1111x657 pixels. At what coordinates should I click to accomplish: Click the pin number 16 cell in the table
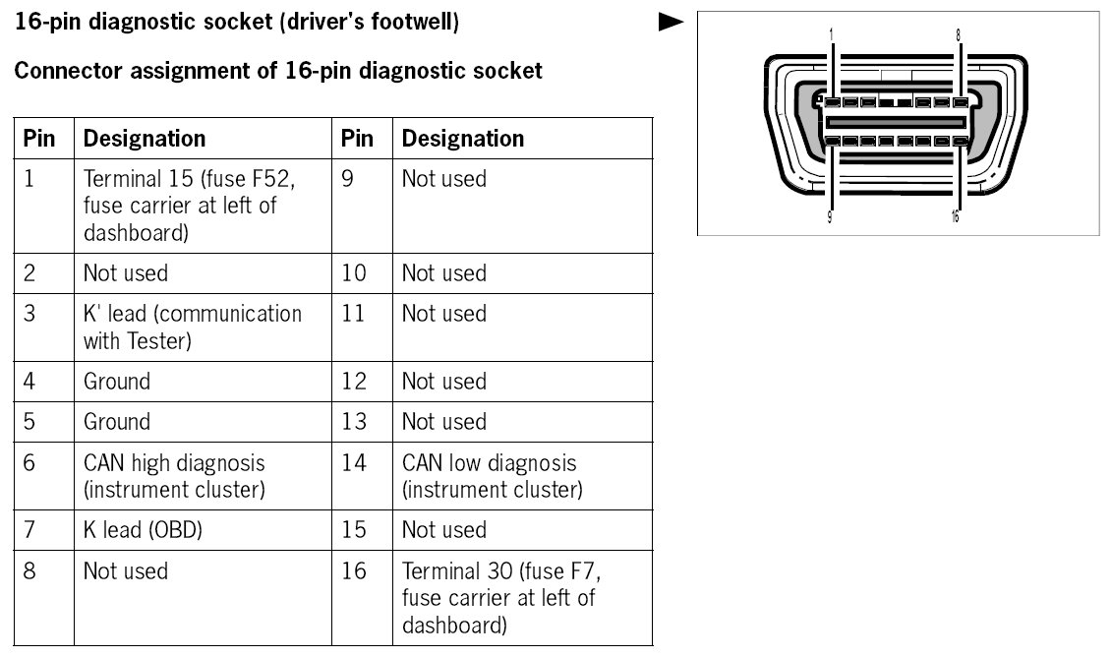pos(353,571)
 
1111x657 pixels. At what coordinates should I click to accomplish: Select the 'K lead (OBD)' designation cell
pos(143,530)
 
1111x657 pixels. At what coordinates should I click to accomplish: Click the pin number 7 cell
pos(29,530)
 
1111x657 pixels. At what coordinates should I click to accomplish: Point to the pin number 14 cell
pos(353,463)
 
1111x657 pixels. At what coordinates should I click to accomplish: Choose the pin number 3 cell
pos(29,314)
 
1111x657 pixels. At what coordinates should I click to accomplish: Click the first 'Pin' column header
pos(39,139)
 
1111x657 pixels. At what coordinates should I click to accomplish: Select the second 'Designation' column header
pos(463,139)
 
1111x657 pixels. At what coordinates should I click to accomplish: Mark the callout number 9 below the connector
pos(831,217)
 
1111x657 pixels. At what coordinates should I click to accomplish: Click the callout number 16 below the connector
pos(956,217)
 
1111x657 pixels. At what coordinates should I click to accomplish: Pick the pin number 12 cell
pos(353,382)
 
